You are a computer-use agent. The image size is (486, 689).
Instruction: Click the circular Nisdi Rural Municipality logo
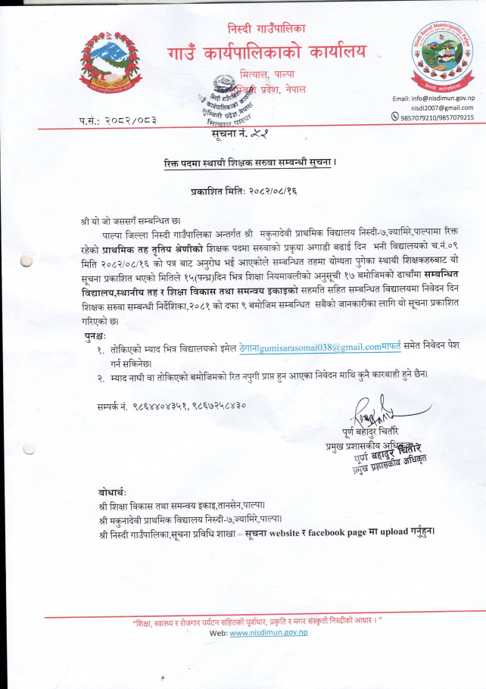point(440,58)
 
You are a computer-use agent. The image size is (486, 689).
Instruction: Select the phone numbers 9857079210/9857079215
point(438,117)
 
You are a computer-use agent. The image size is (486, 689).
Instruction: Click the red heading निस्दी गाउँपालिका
point(266,29)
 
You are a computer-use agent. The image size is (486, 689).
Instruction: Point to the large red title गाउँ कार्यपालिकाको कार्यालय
point(266,52)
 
